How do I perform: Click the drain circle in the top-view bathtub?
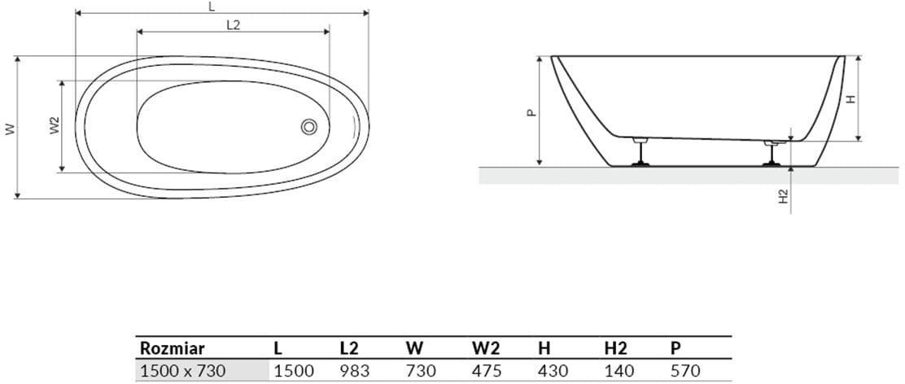[308, 127]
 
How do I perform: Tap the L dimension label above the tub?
[212, 7]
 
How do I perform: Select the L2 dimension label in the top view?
[234, 24]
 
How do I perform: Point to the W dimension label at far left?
[10, 129]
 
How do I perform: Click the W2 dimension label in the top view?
[55, 125]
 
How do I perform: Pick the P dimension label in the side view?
[531, 112]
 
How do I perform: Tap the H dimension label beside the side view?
[850, 99]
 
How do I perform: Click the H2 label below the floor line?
[783, 197]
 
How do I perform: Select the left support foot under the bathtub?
[640, 151]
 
